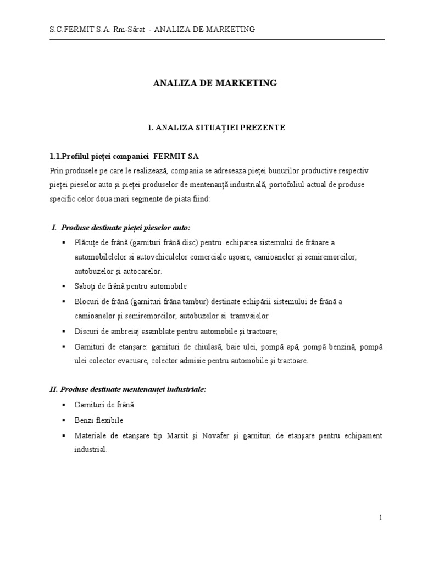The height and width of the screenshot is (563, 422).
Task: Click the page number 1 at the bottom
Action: click(x=380, y=517)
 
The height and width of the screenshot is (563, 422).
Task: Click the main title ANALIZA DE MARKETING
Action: click(x=215, y=83)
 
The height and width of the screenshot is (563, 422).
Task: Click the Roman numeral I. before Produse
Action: click(x=54, y=227)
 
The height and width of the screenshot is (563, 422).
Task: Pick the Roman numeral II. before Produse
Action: click(x=54, y=389)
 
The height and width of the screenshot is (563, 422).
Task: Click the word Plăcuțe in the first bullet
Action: click(x=88, y=242)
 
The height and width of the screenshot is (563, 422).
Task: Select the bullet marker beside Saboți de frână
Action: click(x=64, y=286)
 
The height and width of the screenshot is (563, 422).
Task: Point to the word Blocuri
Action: click(x=87, y=301)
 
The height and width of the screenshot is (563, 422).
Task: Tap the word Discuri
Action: click(x=87, y=331)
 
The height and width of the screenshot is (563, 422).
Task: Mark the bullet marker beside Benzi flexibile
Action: click(x=64, y=420)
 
